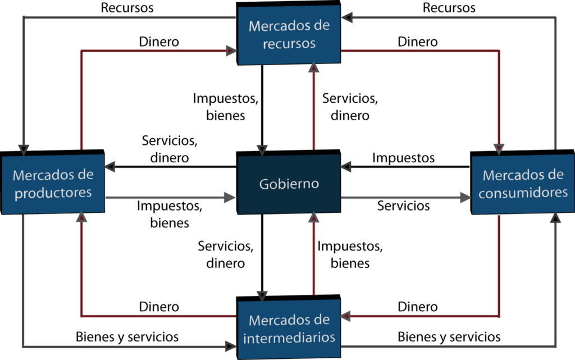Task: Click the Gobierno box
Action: [x=289, y=184]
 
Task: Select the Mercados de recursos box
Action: [x=289, y=35]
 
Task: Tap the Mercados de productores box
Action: [x=53, y=184]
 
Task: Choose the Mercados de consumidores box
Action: [x=523, y=184]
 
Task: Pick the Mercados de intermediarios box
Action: [x=289, y=329]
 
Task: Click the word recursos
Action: [x=289, y=43]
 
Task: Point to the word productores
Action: [x=53, y=193]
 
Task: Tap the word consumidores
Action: [x=523, y=193]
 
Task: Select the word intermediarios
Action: [x=290, y=338]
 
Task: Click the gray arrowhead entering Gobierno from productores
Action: [x=229, y=197]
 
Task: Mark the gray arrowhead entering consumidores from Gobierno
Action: [x=465, y=197]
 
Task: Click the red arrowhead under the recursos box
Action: [x=314, y=68]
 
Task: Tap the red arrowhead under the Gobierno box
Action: [x=314, y=217]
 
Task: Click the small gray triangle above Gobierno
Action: [x=262, y=150]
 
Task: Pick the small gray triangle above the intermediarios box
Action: [x=262, y=295]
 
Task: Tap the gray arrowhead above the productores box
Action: [x=23, y=149]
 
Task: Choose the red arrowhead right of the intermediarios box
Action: [x=346, y=316]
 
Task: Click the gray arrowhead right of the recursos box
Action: [x=347, y=18]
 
